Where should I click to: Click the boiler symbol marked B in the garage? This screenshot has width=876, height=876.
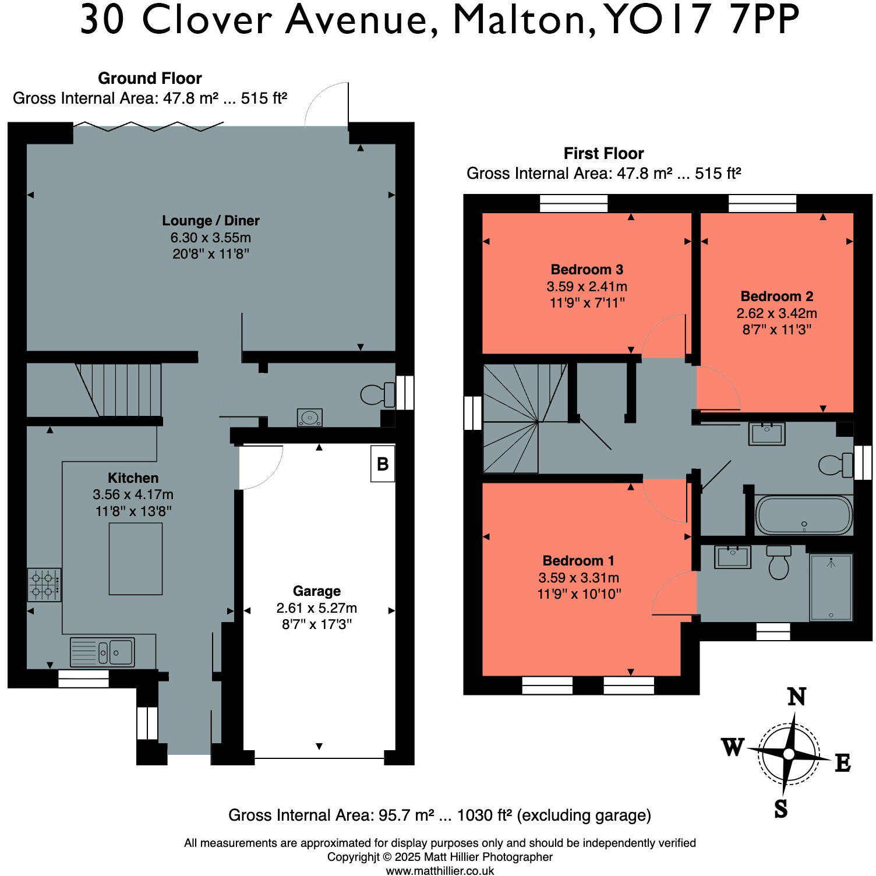point(383,464)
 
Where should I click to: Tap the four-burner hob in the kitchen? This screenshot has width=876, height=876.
point(44,585)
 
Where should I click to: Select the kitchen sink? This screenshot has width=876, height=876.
point(103,652)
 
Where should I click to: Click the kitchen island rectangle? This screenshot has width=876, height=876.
point(136,559)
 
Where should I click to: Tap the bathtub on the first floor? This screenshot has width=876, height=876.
point(804,515)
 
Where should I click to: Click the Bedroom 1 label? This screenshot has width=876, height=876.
point(578,561)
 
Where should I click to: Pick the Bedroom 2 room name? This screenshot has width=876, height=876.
point(777,296)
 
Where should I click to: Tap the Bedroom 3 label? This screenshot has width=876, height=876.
point(587,270)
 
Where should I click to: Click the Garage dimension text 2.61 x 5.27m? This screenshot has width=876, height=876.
point(317,608)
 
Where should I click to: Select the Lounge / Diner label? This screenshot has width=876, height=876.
point(211,221)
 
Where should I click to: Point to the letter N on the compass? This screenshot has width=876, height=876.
point(797,697)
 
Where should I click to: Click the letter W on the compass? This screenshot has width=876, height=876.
point(733,746)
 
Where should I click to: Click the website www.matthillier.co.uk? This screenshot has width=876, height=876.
point(440,871)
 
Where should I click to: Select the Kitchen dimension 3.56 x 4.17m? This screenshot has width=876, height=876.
point(133,494)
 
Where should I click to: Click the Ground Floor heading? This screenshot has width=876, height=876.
point(150,78)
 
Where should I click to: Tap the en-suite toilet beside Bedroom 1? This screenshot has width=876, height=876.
point(779,562)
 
